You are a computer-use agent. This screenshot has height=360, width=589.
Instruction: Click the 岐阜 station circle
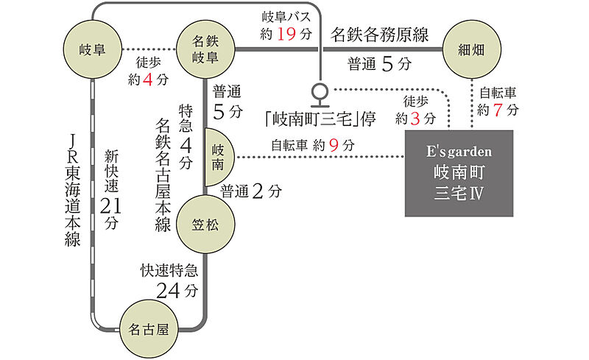(x=93, y=50)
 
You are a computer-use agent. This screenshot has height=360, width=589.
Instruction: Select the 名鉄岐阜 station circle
(x=205, y=50)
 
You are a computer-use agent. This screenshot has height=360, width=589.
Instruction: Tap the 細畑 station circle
(x=471, y=49)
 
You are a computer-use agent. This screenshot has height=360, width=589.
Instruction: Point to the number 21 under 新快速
(x=112, y=203)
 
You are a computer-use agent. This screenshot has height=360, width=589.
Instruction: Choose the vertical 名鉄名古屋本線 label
(x=163, y=175)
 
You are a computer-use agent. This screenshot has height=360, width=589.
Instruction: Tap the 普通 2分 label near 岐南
(x=250, y=191)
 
